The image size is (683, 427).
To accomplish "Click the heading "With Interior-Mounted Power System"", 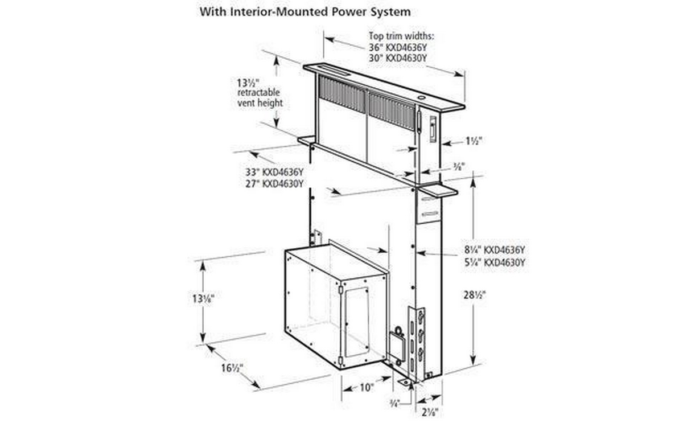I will click(305, 12).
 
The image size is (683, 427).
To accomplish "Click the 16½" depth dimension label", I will click(231, 368).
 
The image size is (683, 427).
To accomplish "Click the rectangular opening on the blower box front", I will click(357, 321).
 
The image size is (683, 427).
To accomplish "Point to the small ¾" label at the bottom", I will click(394, 403).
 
